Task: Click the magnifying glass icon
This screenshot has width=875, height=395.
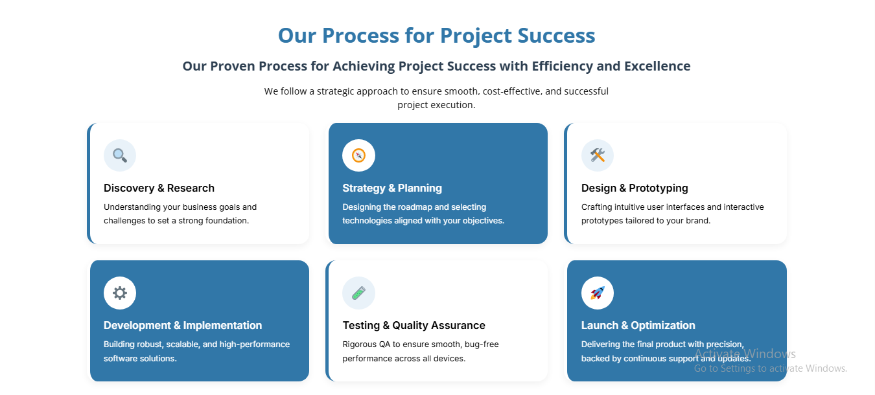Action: [120, 155]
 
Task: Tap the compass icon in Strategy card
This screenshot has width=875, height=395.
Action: [358, 155]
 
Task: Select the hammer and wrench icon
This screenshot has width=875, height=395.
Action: [597, 155]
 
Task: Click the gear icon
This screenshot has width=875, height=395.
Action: [120, 293]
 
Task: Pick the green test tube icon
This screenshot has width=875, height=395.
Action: [358, 293]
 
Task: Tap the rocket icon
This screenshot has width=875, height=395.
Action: [597, 293]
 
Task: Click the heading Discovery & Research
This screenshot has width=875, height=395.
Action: [159, 188]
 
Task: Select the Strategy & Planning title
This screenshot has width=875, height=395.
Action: [392, 188]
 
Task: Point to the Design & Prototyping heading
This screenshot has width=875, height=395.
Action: [635, 188]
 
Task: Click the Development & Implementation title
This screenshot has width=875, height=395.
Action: [183, 326]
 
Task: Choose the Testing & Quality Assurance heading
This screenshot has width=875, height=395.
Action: [414, 326]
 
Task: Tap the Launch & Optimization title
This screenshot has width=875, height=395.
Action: [638, 326]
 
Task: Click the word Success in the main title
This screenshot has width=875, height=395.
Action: [556, 36]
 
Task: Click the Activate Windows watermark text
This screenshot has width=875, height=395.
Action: [745, 354]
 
